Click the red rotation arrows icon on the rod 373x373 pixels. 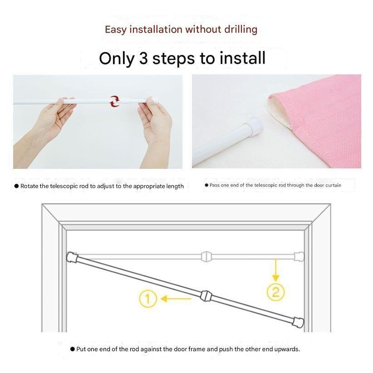(114, 101)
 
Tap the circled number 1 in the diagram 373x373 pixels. (148, 299)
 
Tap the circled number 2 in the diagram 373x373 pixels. (275, 292)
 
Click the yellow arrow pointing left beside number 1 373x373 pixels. (176, 299)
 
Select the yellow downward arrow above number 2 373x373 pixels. (276, 270)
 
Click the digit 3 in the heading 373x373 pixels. (143, 58)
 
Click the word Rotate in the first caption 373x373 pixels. (29, 186)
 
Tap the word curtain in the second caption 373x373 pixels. (334, 185)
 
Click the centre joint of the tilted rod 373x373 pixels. (206, 296)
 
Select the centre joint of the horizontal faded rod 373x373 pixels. (206, 257)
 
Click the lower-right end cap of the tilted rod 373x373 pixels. (298, 322)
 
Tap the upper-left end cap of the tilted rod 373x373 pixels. (72, 257)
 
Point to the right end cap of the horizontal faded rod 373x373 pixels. (299, 257)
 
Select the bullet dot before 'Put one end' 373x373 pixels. (73, 349)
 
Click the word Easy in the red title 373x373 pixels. (115, 30)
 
